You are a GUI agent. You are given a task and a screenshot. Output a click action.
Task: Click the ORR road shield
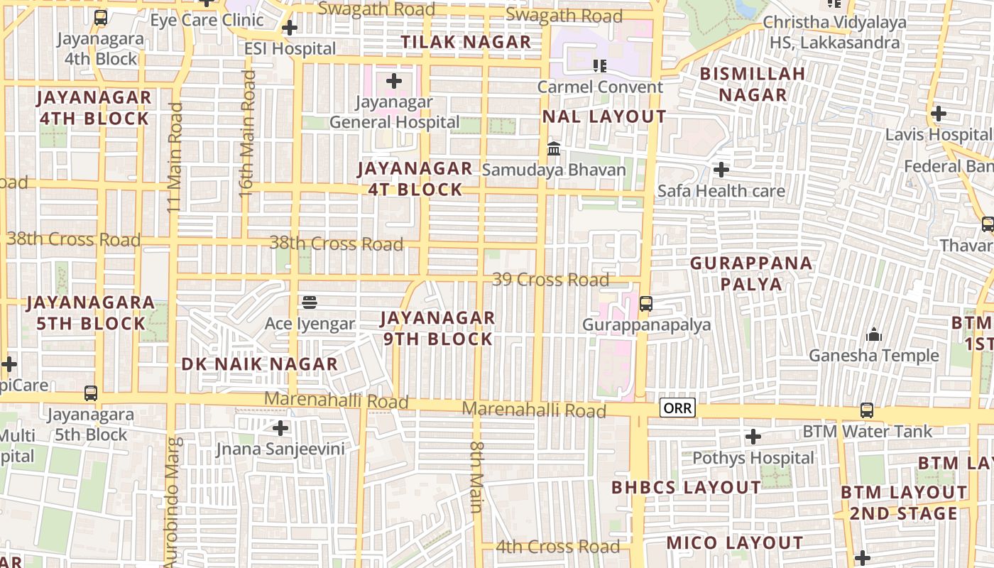tap(677, 409)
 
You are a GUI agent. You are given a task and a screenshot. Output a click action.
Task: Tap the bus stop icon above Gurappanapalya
tap(645, 304)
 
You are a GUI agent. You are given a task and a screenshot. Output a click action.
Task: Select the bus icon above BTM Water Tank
tap(866, 410)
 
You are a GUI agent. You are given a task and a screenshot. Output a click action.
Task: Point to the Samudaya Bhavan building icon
tap(554, 149)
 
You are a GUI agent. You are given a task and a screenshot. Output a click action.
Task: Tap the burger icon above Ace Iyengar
tap(309, 302)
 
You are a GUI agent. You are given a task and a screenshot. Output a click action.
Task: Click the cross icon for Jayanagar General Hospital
tap(394, 81)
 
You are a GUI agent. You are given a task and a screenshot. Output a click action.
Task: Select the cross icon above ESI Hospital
tap(289, 28)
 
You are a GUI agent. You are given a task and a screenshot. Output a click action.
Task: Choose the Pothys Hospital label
tap(753, 458)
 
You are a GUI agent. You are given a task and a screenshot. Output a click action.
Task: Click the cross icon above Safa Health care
tap(721, 170)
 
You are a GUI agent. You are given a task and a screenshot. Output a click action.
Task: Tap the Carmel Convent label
tap(600, 87)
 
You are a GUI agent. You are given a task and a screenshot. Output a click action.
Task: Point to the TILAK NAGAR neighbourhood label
tap(466, 42)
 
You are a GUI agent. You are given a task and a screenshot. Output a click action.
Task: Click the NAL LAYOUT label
tap(604, 116)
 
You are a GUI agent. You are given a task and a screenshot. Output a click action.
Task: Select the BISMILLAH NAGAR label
tap(753, 84)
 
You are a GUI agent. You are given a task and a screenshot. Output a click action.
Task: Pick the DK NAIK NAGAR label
tap(259, 364)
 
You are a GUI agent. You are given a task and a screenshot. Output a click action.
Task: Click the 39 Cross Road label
tap(550, 280)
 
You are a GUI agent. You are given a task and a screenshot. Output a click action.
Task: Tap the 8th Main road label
tap(476, 476)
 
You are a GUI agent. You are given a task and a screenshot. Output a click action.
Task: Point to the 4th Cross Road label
tap(557, 547)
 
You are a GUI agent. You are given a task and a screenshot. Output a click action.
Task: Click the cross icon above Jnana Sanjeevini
tap(281, 428)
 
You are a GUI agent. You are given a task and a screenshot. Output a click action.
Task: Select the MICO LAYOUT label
tap(734, 543)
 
